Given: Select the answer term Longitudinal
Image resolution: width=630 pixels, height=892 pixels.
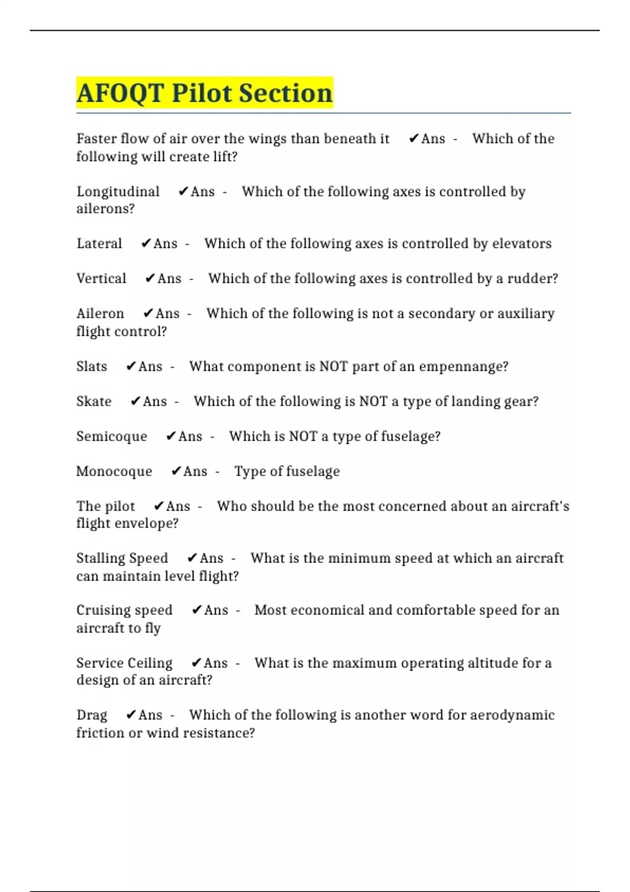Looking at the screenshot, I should point(118,192).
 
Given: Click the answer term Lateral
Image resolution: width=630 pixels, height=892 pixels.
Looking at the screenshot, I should point(99,243).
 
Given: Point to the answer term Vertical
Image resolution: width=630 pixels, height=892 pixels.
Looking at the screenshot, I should point(101,279).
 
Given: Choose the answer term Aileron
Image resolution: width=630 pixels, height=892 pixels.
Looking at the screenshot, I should point(100,313).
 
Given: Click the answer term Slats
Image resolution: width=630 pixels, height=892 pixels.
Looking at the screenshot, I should point(92,366).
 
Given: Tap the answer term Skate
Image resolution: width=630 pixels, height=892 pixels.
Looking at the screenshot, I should point(94,401).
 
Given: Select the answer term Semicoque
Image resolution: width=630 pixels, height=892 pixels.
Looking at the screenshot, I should point(112,437).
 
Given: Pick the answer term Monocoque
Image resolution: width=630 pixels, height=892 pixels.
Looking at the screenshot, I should point(114,471).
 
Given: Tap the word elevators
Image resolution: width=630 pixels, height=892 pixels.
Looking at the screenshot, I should point(522,243).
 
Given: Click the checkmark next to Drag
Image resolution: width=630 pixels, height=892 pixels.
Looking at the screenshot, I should point(131,715).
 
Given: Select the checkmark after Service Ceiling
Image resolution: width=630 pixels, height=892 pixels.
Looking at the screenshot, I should point(196,663).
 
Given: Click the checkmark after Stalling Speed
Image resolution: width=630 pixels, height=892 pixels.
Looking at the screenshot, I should point(192,558).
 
